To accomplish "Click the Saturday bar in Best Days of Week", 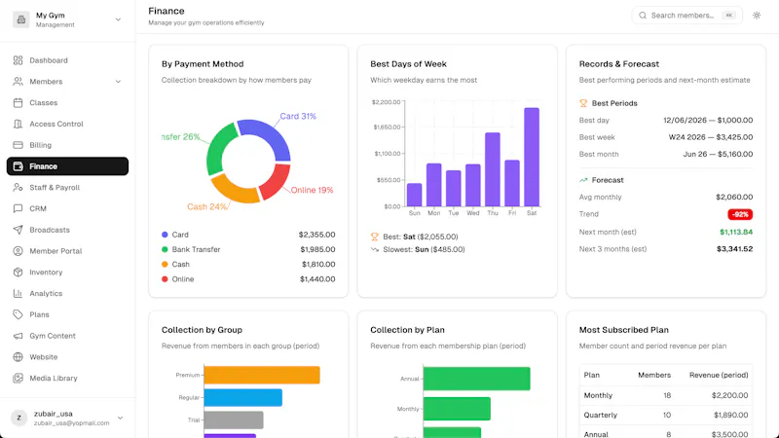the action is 532,157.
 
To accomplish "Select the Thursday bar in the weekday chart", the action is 493,169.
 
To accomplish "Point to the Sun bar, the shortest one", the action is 415,195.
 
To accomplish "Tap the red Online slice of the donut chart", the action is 277,181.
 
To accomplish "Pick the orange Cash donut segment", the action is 233,190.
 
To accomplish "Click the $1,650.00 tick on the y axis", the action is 387,128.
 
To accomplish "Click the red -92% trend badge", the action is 740,214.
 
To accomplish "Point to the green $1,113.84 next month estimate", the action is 736,232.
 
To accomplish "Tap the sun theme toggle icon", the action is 757,16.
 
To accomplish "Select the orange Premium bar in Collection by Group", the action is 262,375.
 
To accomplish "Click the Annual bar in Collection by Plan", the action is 476,379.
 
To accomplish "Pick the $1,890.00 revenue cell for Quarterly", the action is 731,415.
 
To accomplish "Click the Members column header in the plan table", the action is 654,375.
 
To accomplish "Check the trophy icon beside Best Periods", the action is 583,103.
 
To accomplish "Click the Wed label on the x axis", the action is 472,213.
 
